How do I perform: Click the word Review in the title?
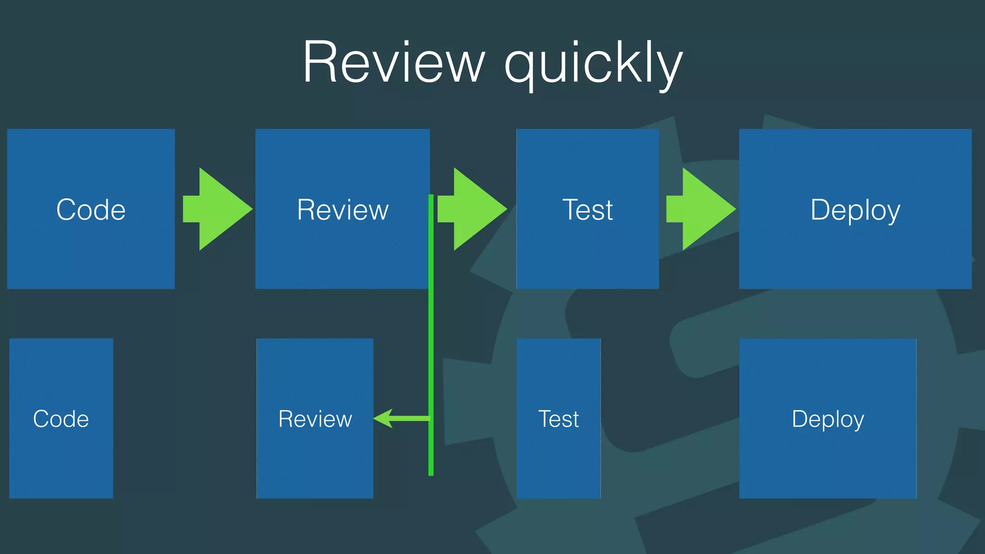[x=393, y=63]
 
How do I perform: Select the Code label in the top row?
[x=91, y=210]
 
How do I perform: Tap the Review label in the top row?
[x=342, y=210]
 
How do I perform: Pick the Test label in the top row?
[x=588, y=210]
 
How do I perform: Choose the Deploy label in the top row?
[x=855, y=211]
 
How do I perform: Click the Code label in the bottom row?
[x=61, y=419]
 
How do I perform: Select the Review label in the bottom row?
[x=315, y=419]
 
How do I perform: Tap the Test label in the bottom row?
[x=558, y=419]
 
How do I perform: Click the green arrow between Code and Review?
[x=219, y=209]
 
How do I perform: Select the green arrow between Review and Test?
[x=474, y=209]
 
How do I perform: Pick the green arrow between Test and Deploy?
[x=702, y=209]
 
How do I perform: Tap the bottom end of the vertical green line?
[x=431, y=474]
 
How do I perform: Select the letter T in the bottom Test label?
[x=544, y=419]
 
